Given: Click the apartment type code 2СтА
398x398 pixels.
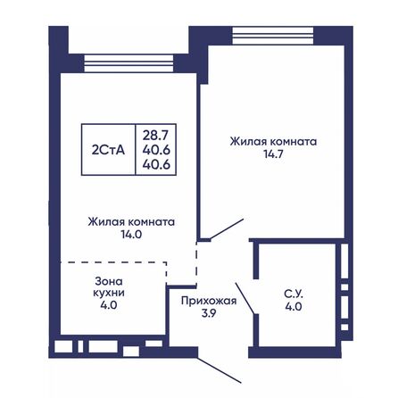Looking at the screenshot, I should click(x=108, y=149).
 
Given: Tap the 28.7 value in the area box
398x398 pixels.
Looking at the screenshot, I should click(x=155, y=134).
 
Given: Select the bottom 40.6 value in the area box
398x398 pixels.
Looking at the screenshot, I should click(x=155, y=164).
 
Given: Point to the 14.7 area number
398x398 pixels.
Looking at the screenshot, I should click(x=273, y=154).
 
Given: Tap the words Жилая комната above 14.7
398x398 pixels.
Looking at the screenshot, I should click(x=273, y=141).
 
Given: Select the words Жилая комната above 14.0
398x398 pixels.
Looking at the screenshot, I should click(x=130, y=220).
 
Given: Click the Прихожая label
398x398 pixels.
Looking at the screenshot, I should click(x=208, y=302).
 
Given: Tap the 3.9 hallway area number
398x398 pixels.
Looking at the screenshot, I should click(x=208, y=315).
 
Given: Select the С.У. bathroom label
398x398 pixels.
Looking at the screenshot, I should click(x=292, y=293).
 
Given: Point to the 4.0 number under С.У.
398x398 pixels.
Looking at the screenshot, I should click(x=292, y=306).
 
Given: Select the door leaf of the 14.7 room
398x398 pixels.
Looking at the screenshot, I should click(x=223, y=229).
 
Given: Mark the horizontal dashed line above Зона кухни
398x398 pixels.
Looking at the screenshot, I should click(x=113, y=262).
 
